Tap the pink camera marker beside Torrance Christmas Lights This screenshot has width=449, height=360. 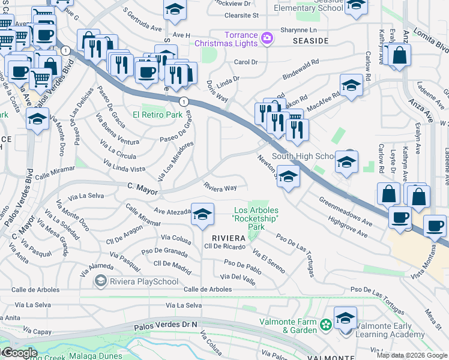click(267, 39)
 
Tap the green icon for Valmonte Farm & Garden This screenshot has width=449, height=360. click(325, 325)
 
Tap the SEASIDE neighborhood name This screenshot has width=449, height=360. click(310, 40)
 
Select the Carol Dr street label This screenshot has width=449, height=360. click(246, 62)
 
